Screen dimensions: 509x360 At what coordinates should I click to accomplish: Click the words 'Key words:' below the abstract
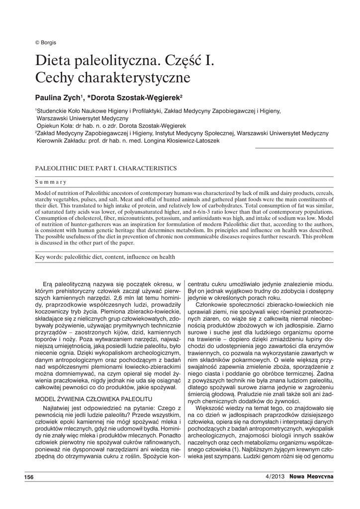pos(52,256)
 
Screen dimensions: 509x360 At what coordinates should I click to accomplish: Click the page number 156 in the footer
pos(29,477)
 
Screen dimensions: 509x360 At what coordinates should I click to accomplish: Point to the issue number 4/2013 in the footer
pos(276,477)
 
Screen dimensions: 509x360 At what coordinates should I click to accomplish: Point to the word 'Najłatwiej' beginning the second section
pos(56,408)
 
